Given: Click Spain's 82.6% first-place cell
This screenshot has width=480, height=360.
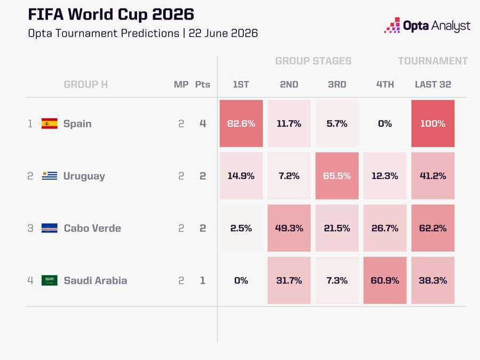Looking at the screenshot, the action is (241, 123).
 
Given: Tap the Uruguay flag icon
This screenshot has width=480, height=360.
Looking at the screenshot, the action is (49, 175).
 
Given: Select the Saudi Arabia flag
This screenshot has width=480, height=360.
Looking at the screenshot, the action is (49, 280).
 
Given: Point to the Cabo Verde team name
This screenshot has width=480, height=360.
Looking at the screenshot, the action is (92, 228).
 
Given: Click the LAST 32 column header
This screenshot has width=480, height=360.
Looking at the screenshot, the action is (433, 84).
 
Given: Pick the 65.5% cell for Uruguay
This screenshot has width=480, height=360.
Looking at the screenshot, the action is (337, 175).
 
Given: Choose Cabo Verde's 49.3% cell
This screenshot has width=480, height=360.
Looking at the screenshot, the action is (289, 228).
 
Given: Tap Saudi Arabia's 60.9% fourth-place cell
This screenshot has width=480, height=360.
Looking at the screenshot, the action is (385, 281).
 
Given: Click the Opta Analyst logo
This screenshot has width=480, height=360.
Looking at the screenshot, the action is (427, 26).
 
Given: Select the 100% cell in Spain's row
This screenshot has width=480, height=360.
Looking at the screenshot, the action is (433, 123).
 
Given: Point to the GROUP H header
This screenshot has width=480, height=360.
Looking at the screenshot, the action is (86, 84).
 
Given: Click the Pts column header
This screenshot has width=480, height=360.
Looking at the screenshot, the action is (203, 84).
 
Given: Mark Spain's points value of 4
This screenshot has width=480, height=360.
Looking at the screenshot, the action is (203, 123).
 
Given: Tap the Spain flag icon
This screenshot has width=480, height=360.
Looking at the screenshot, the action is (49, 123).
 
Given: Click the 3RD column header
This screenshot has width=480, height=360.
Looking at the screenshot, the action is (337, 84).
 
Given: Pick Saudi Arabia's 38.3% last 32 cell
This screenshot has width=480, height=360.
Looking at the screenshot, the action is (433, 281).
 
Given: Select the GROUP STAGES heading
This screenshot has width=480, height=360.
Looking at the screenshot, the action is (313, 61).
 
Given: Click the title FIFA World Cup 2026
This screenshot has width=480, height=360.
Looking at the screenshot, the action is (111, 14).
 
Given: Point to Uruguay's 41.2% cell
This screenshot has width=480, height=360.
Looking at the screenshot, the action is (433, 175).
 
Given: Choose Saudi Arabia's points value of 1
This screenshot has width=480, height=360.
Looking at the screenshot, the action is (203, 281).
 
